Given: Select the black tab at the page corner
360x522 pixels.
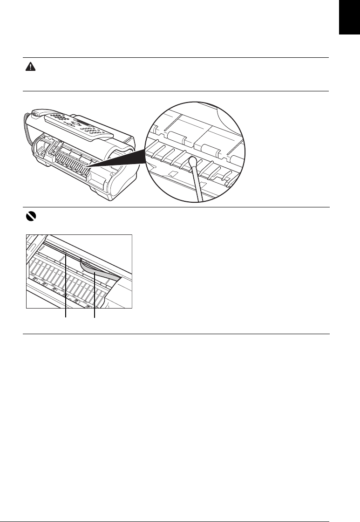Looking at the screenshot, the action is click(x=350, y=23).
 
